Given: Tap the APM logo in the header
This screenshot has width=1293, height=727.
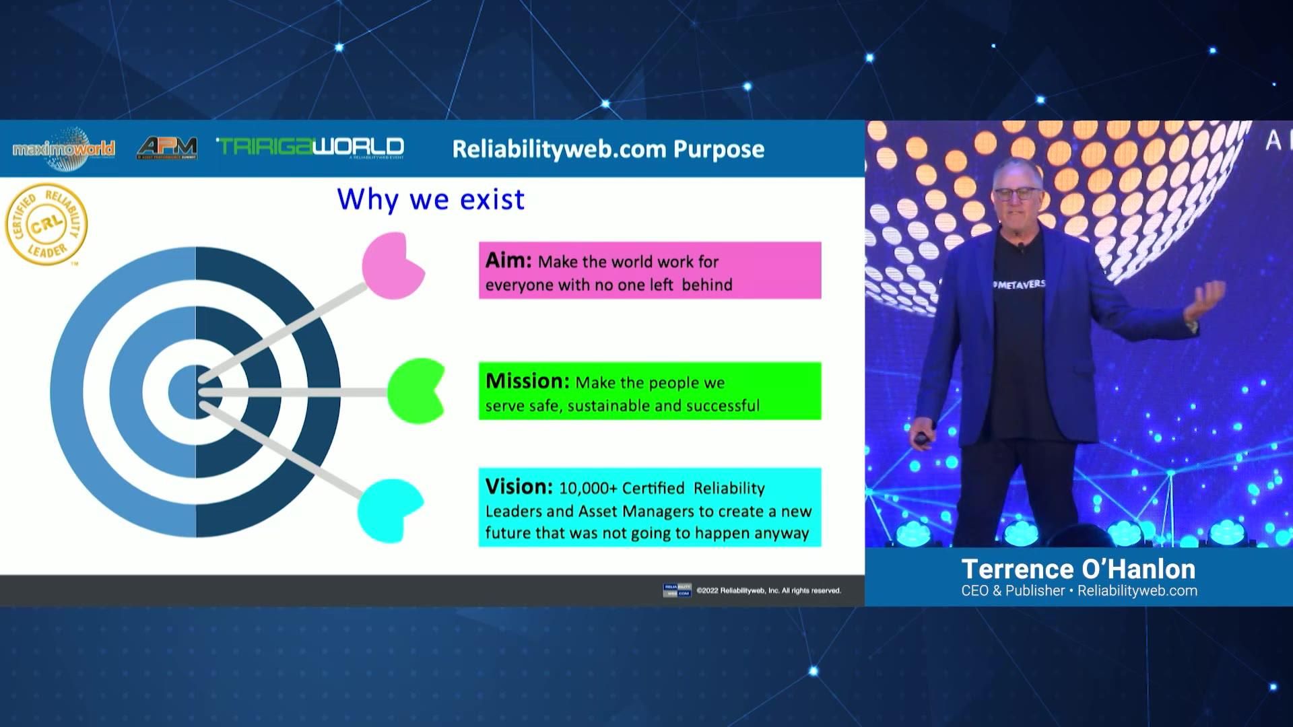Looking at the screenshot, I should point(167,147).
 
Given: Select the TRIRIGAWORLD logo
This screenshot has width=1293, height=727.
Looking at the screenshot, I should point(310,147).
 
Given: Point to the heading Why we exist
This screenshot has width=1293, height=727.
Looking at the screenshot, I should point(430,200).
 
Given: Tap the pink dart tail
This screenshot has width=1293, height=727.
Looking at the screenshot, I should point(392,266).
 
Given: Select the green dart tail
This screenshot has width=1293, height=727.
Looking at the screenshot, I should point(415,391).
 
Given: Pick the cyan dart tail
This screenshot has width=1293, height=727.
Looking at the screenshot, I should point(389,510).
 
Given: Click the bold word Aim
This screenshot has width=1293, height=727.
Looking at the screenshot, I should point(508,261).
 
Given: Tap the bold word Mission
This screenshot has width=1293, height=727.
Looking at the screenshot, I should point(527,381).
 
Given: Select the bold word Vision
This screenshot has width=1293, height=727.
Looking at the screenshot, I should point(519,487).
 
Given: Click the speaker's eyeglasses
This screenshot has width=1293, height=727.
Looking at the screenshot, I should point(1016,194).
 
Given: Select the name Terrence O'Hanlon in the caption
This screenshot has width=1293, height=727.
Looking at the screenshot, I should point(1078,569).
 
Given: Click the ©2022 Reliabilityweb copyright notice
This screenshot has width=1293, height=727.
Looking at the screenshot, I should point(768,591).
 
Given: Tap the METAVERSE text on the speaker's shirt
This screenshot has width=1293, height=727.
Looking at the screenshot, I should point(1020,285).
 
